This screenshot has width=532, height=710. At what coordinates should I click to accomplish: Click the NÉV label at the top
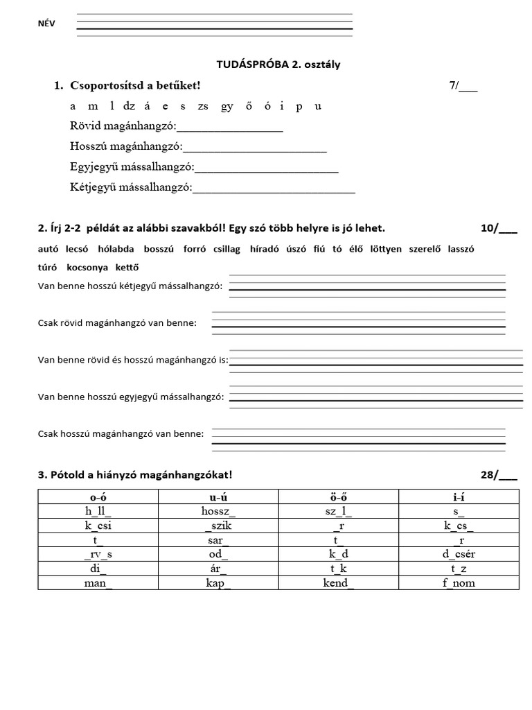pos(46,24)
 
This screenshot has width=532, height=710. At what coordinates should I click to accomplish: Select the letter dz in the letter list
pos(132,106)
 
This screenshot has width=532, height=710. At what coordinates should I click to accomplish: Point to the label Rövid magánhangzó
pos(123,126)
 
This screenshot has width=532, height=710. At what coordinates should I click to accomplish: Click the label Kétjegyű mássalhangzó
pos(131,187)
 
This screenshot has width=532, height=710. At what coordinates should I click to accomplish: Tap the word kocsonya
pos(90,268)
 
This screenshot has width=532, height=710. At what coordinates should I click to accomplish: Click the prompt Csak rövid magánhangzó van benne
pos(117,322)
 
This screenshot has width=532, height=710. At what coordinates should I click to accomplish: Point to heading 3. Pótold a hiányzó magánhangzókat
pos(135,475)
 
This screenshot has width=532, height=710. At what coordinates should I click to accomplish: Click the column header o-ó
pos(98,496)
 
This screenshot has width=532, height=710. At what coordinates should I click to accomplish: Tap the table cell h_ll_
pos(98,511)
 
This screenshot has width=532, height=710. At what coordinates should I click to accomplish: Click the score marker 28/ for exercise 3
pos(497,475)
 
